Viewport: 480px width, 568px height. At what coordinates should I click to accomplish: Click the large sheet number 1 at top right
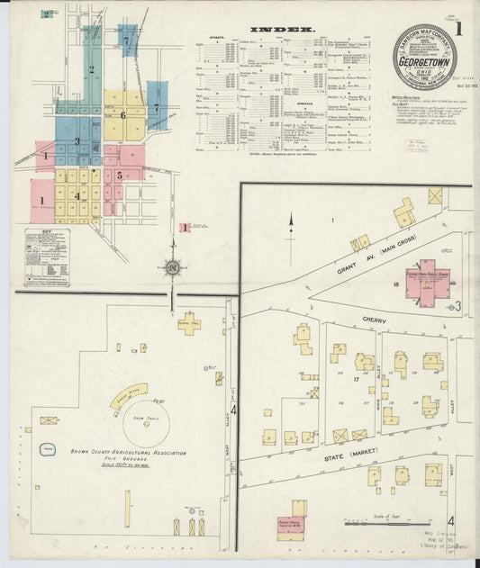click(x=457, y=28)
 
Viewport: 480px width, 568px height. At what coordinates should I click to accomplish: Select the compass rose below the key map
click(x=172, y=267)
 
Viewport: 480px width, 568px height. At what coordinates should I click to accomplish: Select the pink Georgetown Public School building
click(x=425, y=282)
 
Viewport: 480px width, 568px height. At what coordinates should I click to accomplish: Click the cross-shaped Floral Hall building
click(x=188, y=323)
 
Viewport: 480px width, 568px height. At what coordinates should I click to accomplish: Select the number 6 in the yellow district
click(x=122, y=115)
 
